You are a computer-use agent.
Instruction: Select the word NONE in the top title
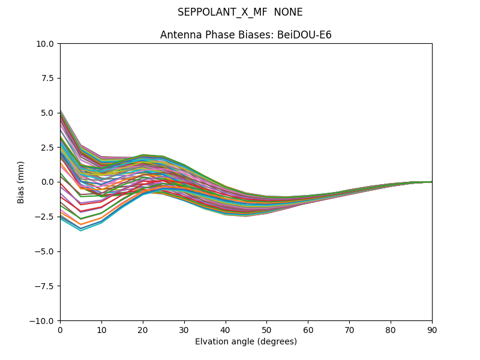288,13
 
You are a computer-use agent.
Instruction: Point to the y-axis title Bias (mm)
21,182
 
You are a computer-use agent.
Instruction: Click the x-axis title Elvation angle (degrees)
246,342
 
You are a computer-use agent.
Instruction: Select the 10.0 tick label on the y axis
45,44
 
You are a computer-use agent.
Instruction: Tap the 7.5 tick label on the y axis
47,78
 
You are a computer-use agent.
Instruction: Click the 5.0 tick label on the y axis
47,113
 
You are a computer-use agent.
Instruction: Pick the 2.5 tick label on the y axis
47,148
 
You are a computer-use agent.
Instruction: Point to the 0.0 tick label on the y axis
47,182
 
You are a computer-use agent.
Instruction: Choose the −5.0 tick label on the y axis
45,251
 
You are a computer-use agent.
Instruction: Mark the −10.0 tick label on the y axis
43,321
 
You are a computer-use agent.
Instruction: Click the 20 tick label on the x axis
143,329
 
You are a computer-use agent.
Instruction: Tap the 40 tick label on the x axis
226,329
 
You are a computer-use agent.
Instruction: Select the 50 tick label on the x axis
266,329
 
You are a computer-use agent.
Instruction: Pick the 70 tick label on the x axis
349,329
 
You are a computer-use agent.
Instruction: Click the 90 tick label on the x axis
431,329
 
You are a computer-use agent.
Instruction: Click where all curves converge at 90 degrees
431,182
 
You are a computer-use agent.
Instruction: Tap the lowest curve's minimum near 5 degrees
80,231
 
